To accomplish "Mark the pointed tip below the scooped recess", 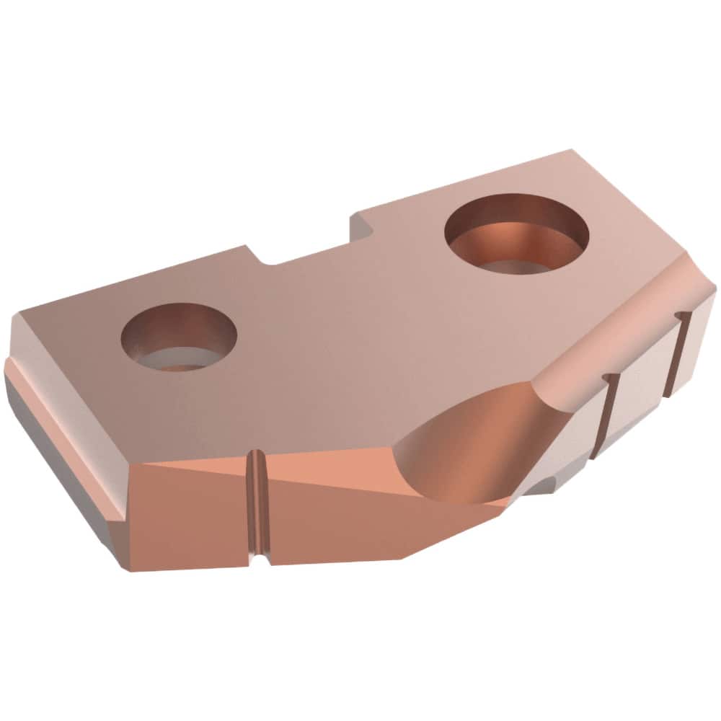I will point(505,503).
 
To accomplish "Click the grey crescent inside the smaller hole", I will point(177,358).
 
